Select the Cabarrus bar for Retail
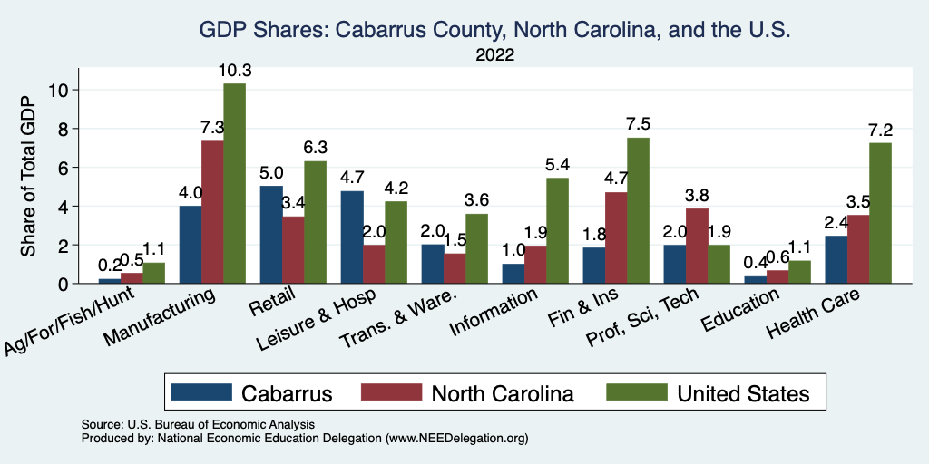pyautogui.click(x=271, y=235)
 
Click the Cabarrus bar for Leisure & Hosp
pyautogui.click(x=352, y=237)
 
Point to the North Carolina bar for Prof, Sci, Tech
pyautogui.click(x=697, y=246)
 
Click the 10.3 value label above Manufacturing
pyautogui.click(x=234, y=70)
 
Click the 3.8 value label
pyautogui.click(x=697, y=195)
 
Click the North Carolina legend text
pyautogui.click(x=503, y=393)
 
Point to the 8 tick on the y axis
pyautogui.click(x=63, y=129)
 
